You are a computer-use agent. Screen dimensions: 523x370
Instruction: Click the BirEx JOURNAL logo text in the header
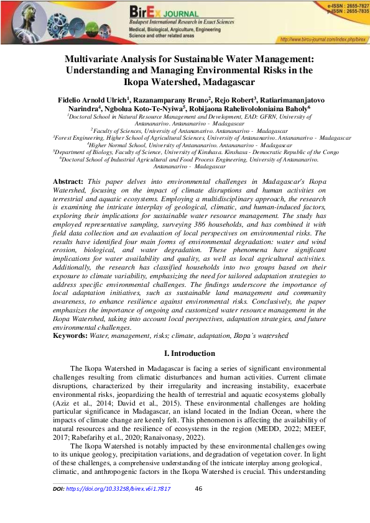[x=163, y=12]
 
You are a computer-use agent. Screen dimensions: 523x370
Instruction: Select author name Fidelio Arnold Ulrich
[x=93, y=99]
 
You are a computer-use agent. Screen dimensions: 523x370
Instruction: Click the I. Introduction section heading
[x=185, y=353]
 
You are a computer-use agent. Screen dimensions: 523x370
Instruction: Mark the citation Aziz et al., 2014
[x=73, y=403]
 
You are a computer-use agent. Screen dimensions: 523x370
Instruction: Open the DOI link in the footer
[x=111, y=489]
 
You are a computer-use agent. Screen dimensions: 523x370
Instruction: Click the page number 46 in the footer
[x=199, y=489]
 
